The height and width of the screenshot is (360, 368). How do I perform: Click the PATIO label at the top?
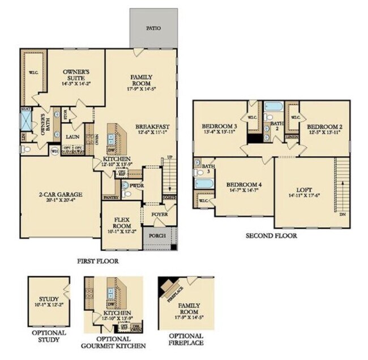[x=153, y=28]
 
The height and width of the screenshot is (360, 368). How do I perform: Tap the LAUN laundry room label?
[x=72, y=136]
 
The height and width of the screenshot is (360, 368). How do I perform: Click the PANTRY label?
[x=110, y=198]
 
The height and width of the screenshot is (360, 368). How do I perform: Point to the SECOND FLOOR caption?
[x=271, y=235]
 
